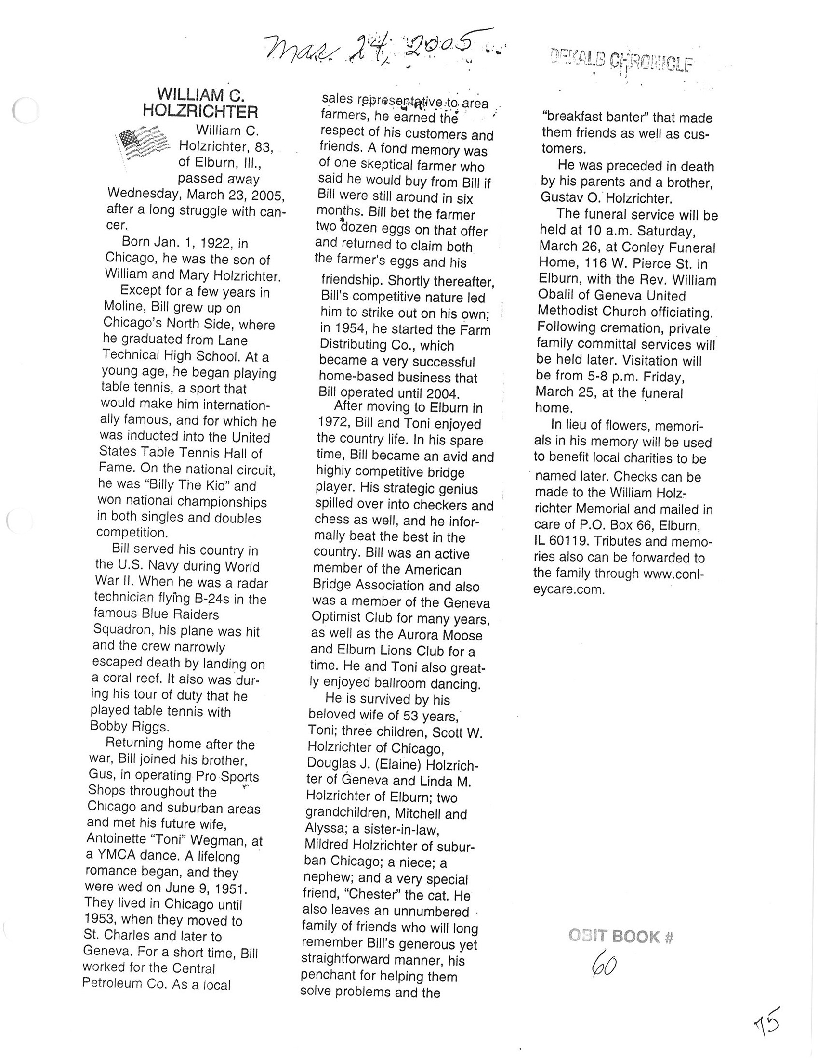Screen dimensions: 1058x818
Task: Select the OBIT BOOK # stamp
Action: coord(621,937)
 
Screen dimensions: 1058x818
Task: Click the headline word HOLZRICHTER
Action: coord(200,112)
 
